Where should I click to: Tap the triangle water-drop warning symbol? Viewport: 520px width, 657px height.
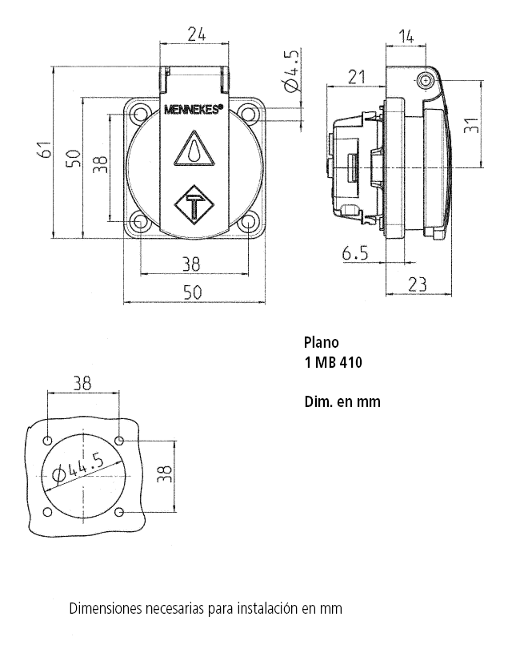[194, 149]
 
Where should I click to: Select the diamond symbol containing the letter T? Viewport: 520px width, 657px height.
[194, 204]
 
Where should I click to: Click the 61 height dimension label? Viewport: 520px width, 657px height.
[45, 150]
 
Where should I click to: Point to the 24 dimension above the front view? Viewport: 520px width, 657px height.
[196, 34]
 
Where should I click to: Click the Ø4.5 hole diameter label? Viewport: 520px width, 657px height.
[291, 71]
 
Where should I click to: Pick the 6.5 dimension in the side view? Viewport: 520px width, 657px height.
[355, 253]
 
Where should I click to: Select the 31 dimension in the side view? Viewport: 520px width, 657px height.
[471, 125]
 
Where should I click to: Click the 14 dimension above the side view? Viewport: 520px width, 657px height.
[406, 36]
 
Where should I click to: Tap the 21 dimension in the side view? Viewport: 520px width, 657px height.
[357, 77]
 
